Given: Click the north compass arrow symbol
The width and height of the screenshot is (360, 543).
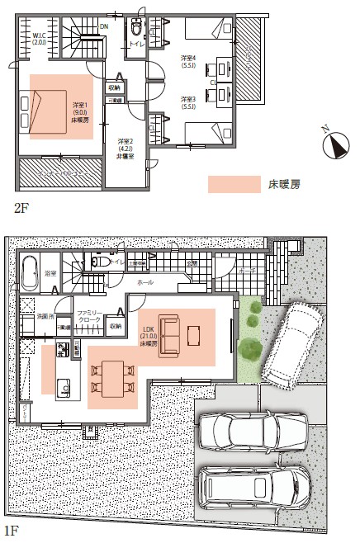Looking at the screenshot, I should pyautogui.click(x=335, y=145).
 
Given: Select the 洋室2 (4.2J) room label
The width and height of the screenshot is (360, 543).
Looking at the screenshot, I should pyautogui.click(x=125, y=146).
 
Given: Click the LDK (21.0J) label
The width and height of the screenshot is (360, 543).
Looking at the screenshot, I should pyautogui.click(x=149, y=338).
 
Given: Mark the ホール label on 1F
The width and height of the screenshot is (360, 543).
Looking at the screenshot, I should pyautogui.click(x=144, y=282).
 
